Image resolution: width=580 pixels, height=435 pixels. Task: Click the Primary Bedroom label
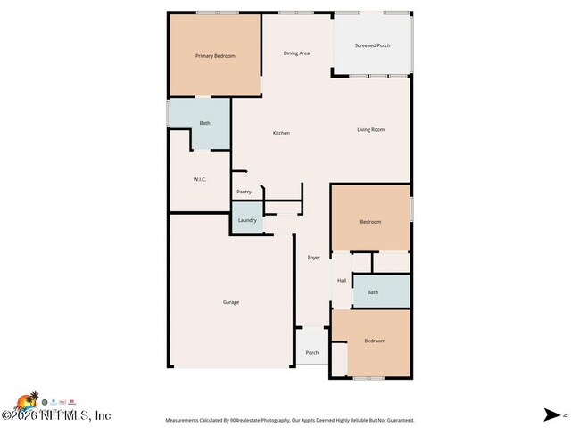tap(215, 56)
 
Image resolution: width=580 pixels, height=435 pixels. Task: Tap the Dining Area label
tap(296, 53)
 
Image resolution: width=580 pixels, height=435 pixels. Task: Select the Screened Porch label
tap(372, 45)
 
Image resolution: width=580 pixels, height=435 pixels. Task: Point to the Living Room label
tap(370, 130)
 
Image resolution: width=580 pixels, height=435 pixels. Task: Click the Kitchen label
tap(281, 133)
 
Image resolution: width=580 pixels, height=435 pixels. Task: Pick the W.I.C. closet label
tap(200, 180)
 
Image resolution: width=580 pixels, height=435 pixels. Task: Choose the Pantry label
tap(244, 192)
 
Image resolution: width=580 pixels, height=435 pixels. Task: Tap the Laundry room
tap(247, 220)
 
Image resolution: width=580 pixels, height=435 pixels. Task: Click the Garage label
tap(231, 302)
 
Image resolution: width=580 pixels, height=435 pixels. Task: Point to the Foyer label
tap(314, 258)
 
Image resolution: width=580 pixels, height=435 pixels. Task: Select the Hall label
tap(342, 281)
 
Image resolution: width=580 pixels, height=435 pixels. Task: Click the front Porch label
tap(312, 352)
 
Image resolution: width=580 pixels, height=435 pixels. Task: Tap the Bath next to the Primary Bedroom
tap(204, 123)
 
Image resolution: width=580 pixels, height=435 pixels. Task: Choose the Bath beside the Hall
tap(372, 292)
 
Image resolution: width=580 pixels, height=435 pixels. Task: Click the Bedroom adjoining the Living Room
tap(370, 222)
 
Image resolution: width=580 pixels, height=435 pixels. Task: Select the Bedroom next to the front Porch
tap(375, 341)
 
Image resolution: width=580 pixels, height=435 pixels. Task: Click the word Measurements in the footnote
tap(181, 420)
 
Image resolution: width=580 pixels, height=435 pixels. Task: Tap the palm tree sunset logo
tap(33, 399)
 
